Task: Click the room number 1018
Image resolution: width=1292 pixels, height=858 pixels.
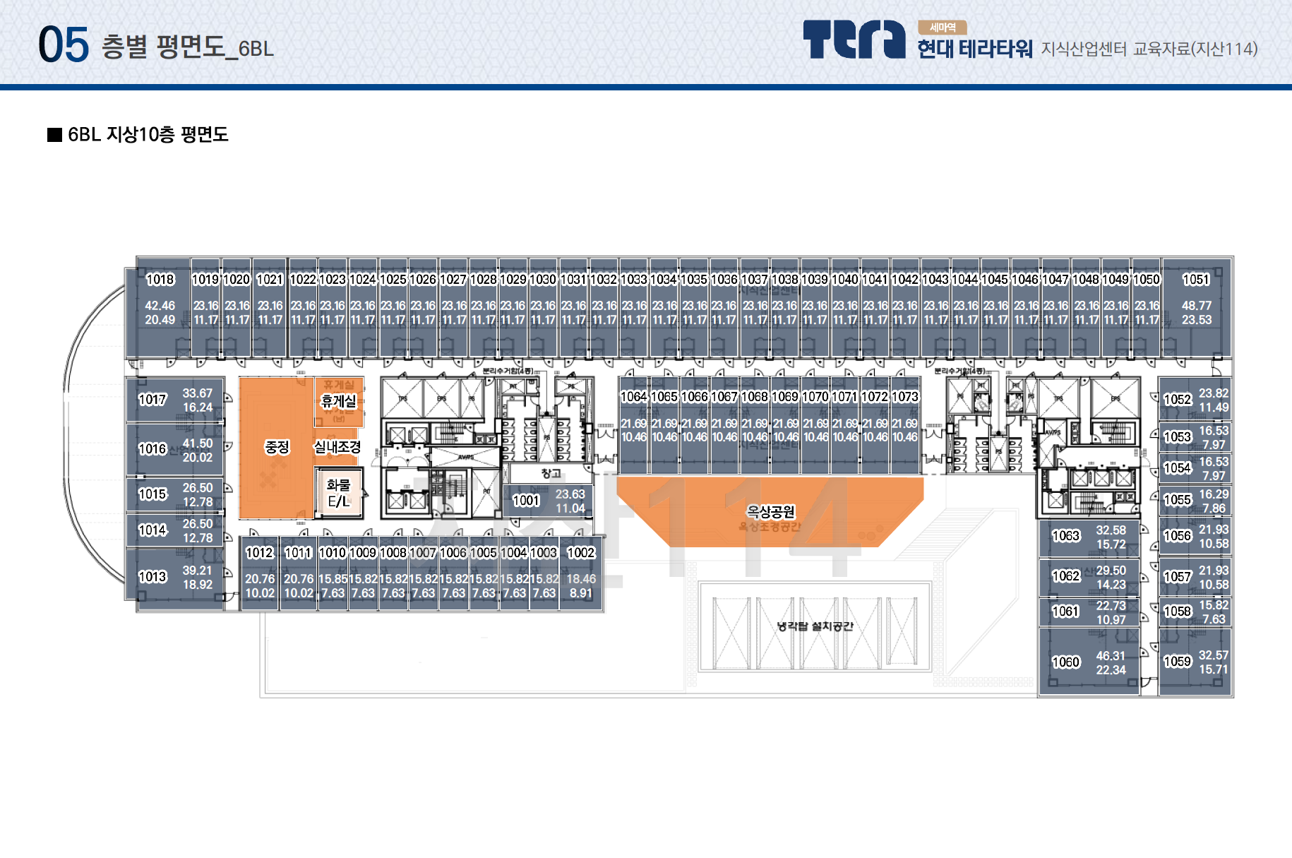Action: point(160,280)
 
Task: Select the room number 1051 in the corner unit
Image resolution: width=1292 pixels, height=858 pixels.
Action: point(1196,280)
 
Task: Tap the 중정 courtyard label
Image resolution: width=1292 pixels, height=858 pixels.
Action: point(277,447)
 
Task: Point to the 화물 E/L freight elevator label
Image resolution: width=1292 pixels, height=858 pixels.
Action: point(339,493)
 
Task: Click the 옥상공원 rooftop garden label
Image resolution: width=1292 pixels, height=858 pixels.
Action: point(771,511)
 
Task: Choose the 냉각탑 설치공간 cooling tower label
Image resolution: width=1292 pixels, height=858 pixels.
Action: point(815,626)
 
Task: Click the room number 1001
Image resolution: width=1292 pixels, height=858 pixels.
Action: point(526,501)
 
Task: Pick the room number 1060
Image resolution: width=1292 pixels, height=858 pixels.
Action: point(1066,662)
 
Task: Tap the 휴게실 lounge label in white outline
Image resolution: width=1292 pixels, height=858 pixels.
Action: point(339,401)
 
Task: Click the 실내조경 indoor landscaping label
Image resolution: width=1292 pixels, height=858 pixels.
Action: point(337,447)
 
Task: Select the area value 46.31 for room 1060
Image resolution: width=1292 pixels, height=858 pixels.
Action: point(1111,656)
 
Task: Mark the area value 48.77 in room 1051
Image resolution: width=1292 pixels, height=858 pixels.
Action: point(1197,306)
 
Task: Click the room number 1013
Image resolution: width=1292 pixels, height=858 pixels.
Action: point(152,577)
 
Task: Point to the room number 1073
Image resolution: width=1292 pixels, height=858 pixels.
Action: point(904,397)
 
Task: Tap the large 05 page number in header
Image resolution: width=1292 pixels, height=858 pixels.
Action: point(64,45)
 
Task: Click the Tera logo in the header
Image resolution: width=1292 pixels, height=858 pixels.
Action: point(854,40)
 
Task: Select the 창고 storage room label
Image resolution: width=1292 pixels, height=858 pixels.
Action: point(551,474)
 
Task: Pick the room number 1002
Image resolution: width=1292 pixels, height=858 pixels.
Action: point(581,553)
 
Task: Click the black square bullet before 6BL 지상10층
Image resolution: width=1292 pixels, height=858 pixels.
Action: point(54,135)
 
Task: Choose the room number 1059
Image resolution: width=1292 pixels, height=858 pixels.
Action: point(1178,662)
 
